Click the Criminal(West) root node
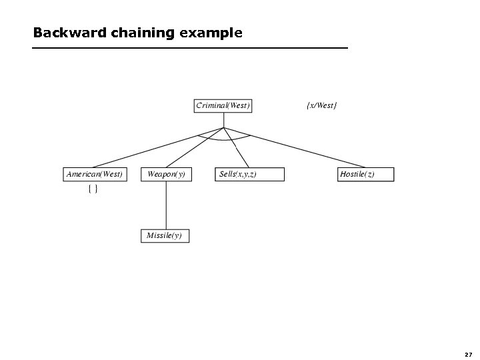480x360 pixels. [x=223, y=105]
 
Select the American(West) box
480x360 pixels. [x=94, y=174]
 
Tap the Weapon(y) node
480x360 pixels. [x=166, y=174]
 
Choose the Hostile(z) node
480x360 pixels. [x=366, y=174]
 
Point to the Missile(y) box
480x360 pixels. [x=165, y=236]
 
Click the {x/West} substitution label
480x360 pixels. [x=321, y=105]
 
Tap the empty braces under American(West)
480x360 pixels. [x=93, y=190]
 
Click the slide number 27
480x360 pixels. [x=468, y=354]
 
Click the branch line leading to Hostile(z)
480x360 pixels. [x=293, y=147]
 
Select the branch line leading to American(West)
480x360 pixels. [x=160, y=147]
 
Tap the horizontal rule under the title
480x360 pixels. [x=190, y=49]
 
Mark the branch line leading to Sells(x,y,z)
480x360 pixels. [x=237, y=147]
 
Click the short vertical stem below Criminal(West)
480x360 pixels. [x=224, y=120]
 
